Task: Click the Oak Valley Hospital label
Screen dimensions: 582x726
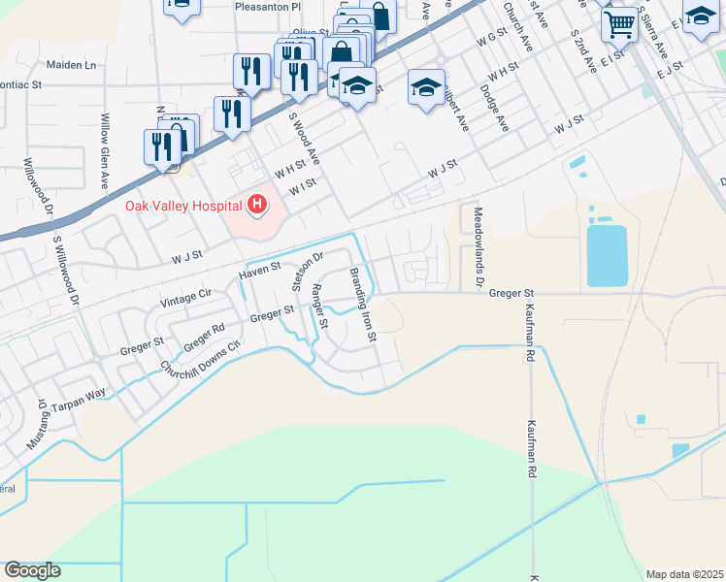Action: click(x=183, y=205)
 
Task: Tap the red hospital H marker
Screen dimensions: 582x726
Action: click(x=257, y=204)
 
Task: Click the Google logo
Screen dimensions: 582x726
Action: click(x=32, y=570)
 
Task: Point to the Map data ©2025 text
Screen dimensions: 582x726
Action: click(x=684, y=574)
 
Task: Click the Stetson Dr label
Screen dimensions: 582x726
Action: click(x=307, y=270)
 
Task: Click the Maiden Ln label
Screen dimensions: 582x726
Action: click(x=72, y=65)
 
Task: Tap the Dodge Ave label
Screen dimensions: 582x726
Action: click(x=495, y=109)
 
